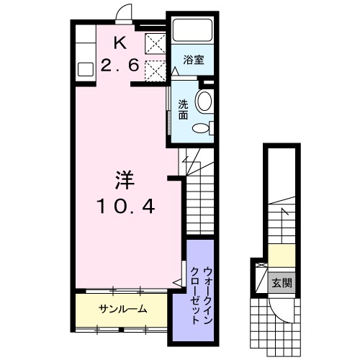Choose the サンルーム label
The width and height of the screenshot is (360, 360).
pyautogui.click(x=122, y=310)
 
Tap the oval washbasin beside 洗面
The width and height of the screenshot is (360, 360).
pyautogui.click(x=204, y=101)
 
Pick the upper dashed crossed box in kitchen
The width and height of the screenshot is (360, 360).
pyautogui.click(x=153, y=44)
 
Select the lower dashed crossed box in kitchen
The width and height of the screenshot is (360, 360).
pyautogui.click(x=153, y=71)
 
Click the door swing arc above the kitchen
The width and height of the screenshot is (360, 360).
pyautogui.click(x=124, y=13)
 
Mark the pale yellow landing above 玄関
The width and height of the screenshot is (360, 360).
pyautogui.click(x=282, y=255)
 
